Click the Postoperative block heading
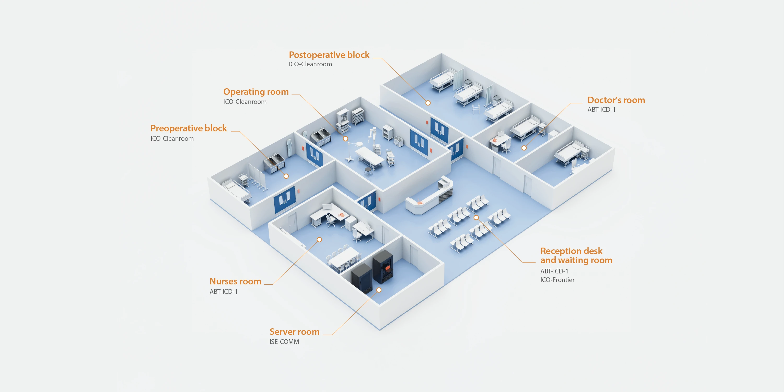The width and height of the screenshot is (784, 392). tap(329, 55)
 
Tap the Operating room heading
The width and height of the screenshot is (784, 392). tap(256, 92)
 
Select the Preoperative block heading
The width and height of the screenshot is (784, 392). tap(189, 128)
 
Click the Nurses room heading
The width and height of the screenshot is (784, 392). tap(236, 281)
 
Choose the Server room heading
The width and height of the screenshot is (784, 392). tap(295, 331)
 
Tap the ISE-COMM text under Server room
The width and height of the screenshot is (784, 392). tap(284, 342)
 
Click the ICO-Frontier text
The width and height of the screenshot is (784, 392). tap(557, 280)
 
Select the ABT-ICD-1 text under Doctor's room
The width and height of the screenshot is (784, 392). tap(601, 110)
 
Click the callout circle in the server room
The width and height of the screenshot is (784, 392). tap(379, 290)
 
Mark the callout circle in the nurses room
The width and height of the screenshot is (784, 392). tap(319, 240)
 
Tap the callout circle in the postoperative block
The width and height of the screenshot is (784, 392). tap(428, 103)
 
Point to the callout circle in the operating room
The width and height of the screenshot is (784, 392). tap(345, 139)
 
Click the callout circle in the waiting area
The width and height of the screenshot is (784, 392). tap(476, 217)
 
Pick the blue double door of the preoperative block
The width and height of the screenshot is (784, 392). tap(284, 199)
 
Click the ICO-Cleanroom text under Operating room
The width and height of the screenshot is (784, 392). tap(245, 102)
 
